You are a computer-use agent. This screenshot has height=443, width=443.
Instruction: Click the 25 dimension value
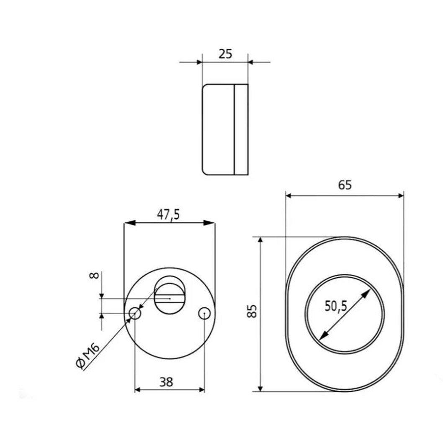tap(225, 54)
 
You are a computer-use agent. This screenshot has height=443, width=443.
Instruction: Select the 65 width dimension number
tap(345, 185)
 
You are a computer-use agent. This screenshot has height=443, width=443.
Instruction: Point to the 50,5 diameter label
tap(336, 306)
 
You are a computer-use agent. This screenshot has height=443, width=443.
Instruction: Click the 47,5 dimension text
tap(168, 215)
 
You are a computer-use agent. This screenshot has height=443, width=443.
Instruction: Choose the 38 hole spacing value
tap(166, 382)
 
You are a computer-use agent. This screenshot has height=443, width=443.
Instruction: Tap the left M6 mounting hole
tap(135, 313)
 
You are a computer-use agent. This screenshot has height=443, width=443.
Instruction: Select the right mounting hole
tap(204, 313)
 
